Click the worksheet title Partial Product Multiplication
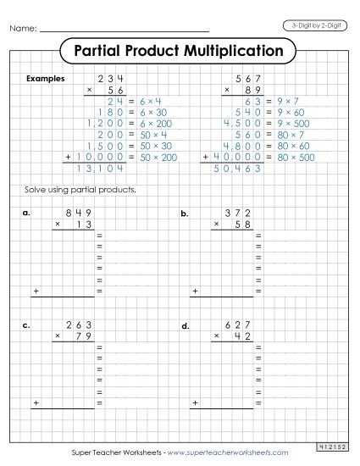click(179, 51)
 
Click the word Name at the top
click(23, 30)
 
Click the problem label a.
click(26, 214)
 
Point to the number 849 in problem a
click(81, 214)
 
